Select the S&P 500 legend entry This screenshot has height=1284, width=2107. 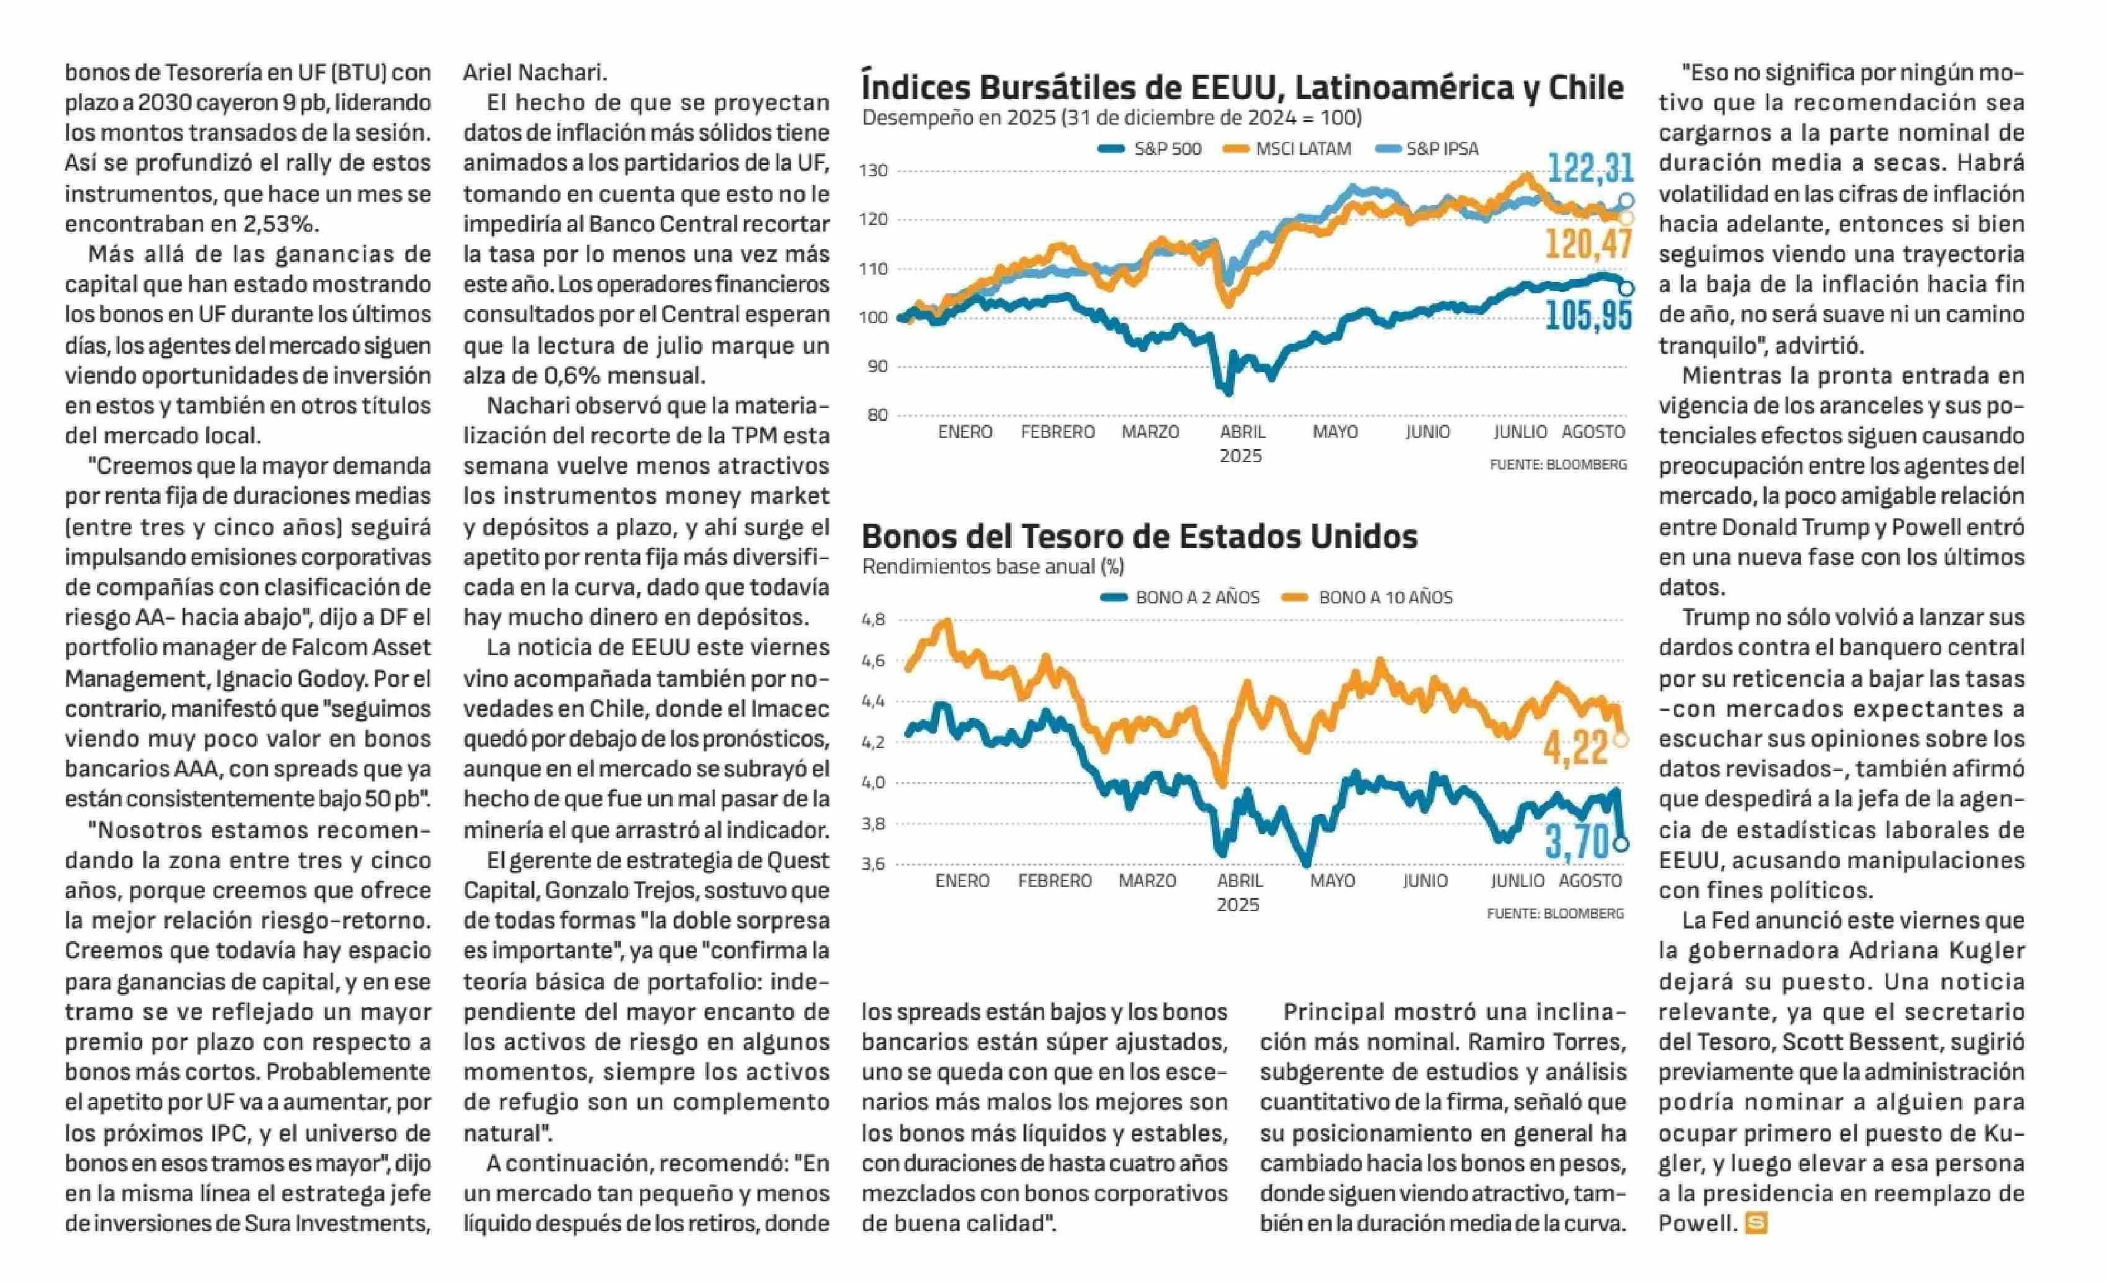1149,149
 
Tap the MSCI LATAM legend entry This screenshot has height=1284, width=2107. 1288,149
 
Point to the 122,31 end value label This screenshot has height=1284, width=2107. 1591,168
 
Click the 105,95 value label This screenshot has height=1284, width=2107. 1589,316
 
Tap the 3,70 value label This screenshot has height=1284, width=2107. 1577,842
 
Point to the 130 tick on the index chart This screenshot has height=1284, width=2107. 873,170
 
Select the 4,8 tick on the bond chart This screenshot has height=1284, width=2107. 873,620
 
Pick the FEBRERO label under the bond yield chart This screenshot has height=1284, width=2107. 1054,880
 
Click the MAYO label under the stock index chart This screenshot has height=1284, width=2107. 1335,432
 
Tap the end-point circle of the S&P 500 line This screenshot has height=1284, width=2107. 1625,289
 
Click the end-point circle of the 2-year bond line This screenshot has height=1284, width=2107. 1620,844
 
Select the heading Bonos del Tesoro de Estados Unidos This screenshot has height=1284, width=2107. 1139,536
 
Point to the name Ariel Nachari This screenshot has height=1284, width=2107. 535,73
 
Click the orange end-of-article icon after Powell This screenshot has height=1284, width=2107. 1756,1224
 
